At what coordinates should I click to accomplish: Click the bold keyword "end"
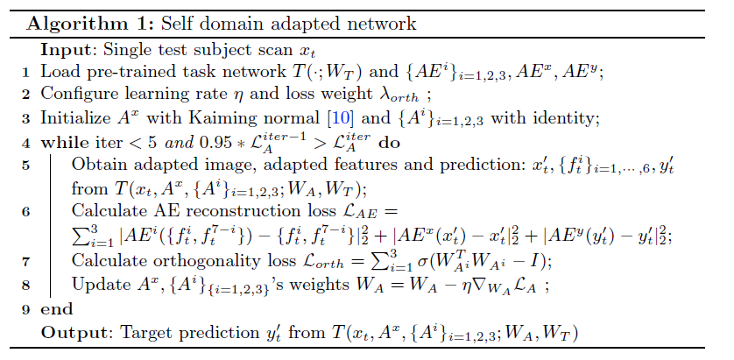(x=57, y=309)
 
